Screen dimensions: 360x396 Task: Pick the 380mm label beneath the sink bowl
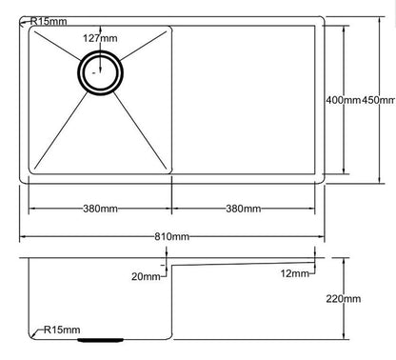coord(99,208)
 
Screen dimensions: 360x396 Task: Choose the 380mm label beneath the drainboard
coord(245,208)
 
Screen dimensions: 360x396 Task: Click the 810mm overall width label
coord(172,236)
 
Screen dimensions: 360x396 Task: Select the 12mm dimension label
coord(294,274)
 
